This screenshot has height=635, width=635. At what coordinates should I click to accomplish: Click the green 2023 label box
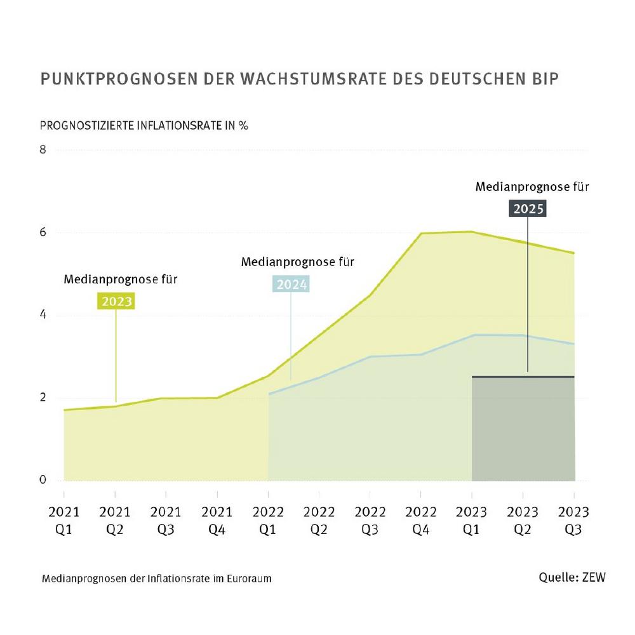[x=116, y=300]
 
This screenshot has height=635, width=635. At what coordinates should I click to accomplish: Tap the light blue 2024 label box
[x=291, y=284]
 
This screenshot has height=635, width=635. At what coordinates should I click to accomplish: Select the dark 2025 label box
[x=528, y=208]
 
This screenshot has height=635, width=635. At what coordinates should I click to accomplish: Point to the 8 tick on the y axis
[x=43, y=150]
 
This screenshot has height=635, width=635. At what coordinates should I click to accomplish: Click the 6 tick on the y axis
[x=43, y=232]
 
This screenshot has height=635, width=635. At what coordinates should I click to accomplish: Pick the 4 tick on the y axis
[x=43, y=315]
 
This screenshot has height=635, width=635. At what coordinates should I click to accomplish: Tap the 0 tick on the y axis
[x=43, y=480]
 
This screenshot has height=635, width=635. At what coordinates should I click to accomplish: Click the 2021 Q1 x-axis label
[x=64, y=519]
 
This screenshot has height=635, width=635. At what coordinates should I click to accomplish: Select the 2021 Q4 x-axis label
[x=217, y=519]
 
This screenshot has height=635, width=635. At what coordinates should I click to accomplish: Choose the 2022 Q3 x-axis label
[x=370, y=519]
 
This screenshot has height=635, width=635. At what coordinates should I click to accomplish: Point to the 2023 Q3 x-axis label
[x=574, y=519]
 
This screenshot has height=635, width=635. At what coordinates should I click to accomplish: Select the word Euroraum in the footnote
[x=249, y=579]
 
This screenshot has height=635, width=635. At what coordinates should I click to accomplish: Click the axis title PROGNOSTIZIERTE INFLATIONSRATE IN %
[x=144, y=124]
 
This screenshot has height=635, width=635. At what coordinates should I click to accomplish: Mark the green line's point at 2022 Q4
[x=420, y=234]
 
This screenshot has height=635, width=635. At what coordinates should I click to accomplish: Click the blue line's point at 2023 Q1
[x=472, y=335]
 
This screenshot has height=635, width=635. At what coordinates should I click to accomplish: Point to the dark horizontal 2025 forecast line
[x=523, y=377]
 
